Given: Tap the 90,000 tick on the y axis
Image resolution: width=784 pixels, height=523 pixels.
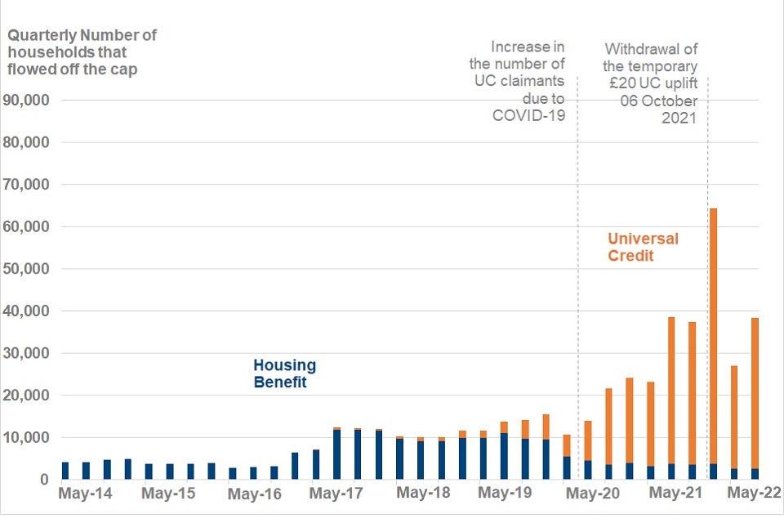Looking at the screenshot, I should [28, 100].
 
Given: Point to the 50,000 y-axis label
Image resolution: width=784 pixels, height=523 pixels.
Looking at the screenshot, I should [28, 269].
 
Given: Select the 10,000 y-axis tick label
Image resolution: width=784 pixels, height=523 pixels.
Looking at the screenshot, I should [28, 438].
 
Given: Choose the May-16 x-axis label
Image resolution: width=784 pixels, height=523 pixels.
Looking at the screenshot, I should [254, 494].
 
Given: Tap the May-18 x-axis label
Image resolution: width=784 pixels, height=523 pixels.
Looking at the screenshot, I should [423, 494].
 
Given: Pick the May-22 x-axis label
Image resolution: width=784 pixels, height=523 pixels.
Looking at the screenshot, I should [754, 494].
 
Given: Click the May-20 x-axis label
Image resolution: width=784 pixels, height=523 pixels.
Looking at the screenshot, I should [592, 494].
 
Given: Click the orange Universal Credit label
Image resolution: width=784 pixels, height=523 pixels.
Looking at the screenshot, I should [643, 247].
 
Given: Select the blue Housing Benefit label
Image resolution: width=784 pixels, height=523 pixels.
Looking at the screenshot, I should [284, 373].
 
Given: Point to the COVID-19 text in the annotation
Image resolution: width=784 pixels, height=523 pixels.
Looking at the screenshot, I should [528, 115].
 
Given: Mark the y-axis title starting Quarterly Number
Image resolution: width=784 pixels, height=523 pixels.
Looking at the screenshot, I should [82, 52].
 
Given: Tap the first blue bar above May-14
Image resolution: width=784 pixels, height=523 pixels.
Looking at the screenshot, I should [65, 471].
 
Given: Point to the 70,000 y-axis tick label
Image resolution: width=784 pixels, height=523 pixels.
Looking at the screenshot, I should [28, 185].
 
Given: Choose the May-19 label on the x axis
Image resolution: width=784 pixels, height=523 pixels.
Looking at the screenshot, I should [506, 494].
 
